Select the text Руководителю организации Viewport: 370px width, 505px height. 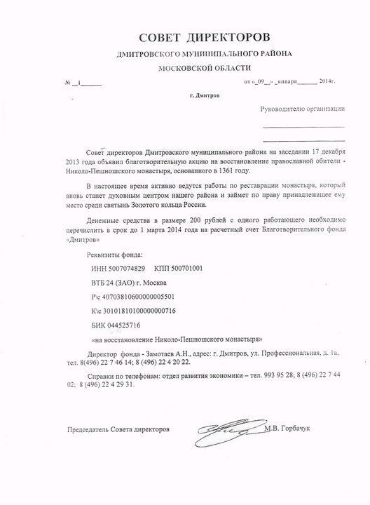303,109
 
